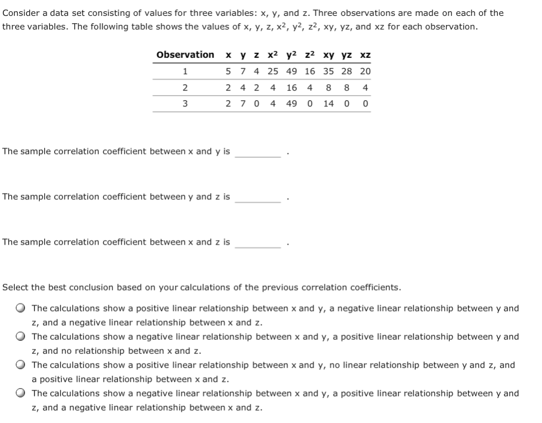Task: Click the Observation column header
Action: tap(185, 55)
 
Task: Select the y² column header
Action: tap(291, 55)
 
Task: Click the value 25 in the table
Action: tap(273, 71)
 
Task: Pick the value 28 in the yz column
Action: tap(348, 71)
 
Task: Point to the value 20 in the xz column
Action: tap(365, 71)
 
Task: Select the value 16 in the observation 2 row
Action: tap(291, 88)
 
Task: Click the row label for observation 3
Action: tap(185, 104)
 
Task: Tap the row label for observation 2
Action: tap(185, 88)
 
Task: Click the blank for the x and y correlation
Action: tap(258, 152)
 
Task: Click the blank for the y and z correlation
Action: tap(258, 197)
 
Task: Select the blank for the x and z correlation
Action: tap(258, 242)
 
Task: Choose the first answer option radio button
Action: tap(20, 309)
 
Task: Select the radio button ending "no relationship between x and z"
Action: tap(20, 337)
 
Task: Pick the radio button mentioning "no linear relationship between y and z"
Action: tap(20, 365)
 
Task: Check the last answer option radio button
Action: tap(20, 394)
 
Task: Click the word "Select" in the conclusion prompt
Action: tap(15, 287)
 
